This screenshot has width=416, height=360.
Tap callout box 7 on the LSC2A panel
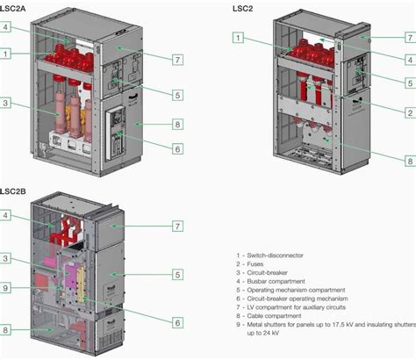(177, 60)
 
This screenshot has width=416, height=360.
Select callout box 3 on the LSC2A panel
(6, 104)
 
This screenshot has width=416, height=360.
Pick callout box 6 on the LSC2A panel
(177, 149)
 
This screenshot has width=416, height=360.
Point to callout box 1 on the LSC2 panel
(238, 38)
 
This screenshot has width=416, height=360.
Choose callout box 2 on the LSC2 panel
(409, 113)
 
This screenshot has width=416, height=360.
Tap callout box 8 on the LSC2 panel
(409, 161)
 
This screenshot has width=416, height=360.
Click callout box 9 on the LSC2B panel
(6, 287)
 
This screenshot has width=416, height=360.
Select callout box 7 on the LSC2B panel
(177, 227)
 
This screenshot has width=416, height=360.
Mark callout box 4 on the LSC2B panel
(6, 215)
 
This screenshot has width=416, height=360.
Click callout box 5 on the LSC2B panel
(177, 275)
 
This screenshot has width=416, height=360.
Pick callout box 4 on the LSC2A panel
(6, 28)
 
